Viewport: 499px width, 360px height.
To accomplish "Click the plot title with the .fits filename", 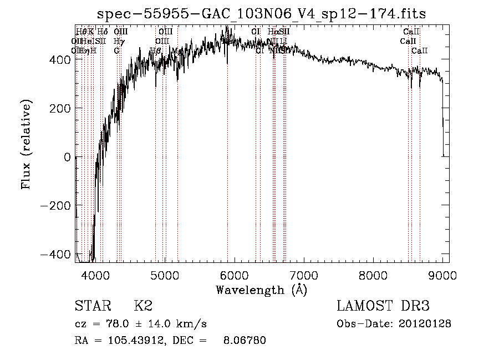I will (x=262, y=14).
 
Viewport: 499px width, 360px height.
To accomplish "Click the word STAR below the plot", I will (x=91, y=306).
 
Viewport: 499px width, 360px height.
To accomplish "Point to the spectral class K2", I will (x=143, y=306).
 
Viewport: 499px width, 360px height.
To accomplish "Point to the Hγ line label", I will (x=118, y=41).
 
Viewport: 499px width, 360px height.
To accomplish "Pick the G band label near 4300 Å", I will (x=116, y=50).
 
